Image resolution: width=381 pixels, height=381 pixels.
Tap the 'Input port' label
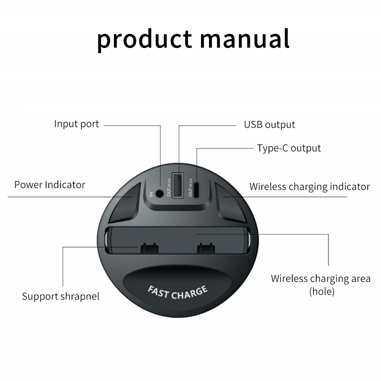76,124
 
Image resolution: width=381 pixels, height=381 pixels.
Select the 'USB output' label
269,125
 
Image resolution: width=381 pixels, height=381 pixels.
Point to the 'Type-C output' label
289,148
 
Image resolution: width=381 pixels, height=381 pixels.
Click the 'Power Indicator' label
50,185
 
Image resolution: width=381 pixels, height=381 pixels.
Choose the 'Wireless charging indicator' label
309,186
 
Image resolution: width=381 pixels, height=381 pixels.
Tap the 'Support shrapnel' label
61,296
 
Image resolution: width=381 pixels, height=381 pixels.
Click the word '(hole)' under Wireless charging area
322,292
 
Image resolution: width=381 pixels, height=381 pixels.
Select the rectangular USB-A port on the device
177,186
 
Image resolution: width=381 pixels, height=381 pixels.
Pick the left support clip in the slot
148,248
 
